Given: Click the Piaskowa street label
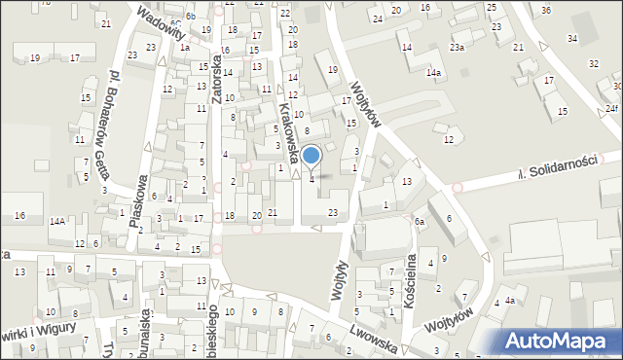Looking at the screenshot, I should [138, 200].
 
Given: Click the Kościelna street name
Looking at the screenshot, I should [410, 269].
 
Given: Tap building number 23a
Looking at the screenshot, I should [457, 47].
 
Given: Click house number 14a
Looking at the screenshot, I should [433, 73].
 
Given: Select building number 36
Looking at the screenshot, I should [546, 10].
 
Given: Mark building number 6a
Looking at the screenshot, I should [420, 222].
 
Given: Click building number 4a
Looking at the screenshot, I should [508, 301].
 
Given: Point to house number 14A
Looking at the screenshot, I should [57, 222].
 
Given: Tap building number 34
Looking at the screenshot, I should [571, 38].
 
